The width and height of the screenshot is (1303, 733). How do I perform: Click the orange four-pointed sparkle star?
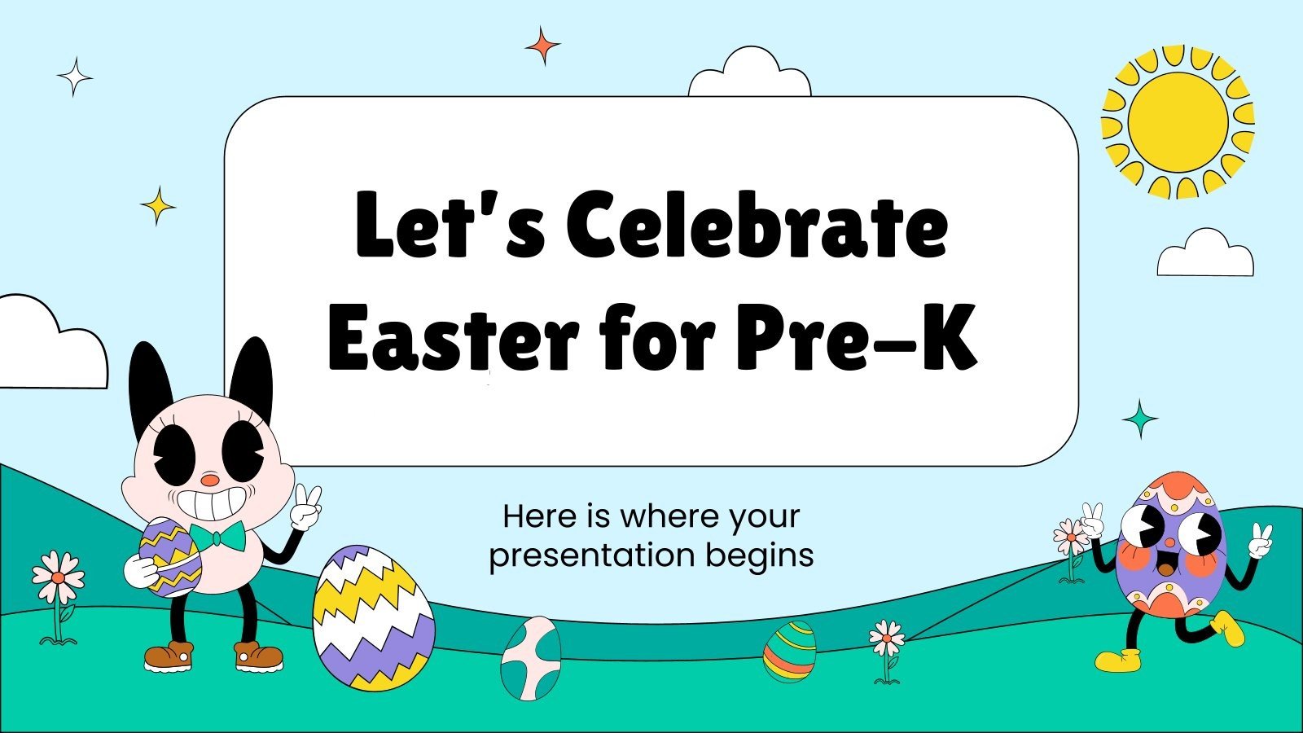(x=542, y=46)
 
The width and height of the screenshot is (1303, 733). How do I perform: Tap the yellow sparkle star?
(x=158, y=205)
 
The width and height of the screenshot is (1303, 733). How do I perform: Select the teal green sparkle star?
(x=1140, y=419)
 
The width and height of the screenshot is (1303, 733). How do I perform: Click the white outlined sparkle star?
(x=74, y=77)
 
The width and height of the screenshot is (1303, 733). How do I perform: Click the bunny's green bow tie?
(x=217, y=537)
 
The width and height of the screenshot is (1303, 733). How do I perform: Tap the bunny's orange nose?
(x=210, y=481)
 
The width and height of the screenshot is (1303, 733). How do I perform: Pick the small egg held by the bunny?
(x=169, y=556)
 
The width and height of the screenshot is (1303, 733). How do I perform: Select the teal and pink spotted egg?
(x=531, y=656)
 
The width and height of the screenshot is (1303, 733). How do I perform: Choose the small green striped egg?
(x=789, y=651)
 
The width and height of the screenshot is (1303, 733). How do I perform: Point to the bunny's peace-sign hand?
(x=307, y=506)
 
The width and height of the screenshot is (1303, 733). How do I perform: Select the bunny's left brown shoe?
(x=169, y=654)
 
